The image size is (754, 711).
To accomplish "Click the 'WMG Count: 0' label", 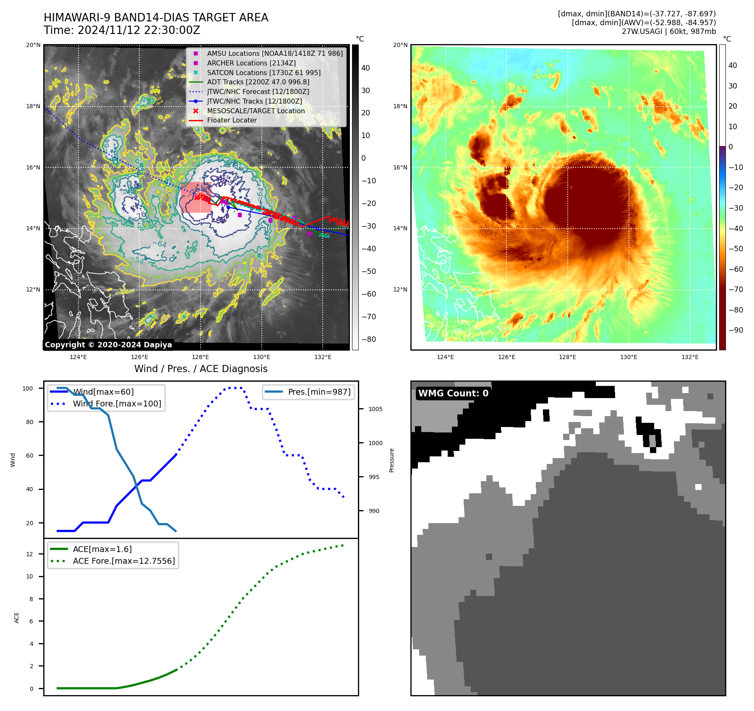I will (453, 393).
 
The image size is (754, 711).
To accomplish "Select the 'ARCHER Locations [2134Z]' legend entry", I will (251, 63).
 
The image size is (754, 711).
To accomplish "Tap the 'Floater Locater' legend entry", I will (232, 120).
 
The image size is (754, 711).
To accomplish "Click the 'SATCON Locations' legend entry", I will (264, 73).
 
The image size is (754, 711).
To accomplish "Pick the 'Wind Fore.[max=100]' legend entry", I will (117, 404).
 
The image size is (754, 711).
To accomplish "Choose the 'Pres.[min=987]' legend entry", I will (319, 392).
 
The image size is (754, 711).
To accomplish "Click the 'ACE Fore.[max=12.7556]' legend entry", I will (124, 561).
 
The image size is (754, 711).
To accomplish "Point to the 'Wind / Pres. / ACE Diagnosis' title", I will (201, 369).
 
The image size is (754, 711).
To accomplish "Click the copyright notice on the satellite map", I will (108, 345).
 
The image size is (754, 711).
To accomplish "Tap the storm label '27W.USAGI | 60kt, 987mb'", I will (668, 31).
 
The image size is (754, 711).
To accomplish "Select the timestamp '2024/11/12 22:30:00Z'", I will (139, 31).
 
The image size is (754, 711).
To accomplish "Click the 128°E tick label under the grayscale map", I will (201, 357).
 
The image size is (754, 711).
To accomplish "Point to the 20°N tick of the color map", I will (400, 45).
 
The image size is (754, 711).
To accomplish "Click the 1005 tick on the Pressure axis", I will (375, 409).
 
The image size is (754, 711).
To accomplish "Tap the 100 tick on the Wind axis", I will (28, 388).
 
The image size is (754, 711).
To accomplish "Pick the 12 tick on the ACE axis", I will (30, 554).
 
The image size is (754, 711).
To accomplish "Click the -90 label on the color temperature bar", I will (736, 330).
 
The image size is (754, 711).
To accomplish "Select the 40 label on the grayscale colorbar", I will (365, 68).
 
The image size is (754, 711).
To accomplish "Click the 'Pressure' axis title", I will (392, 460).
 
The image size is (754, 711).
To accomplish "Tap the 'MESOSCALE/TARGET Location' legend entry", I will (256, 111).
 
